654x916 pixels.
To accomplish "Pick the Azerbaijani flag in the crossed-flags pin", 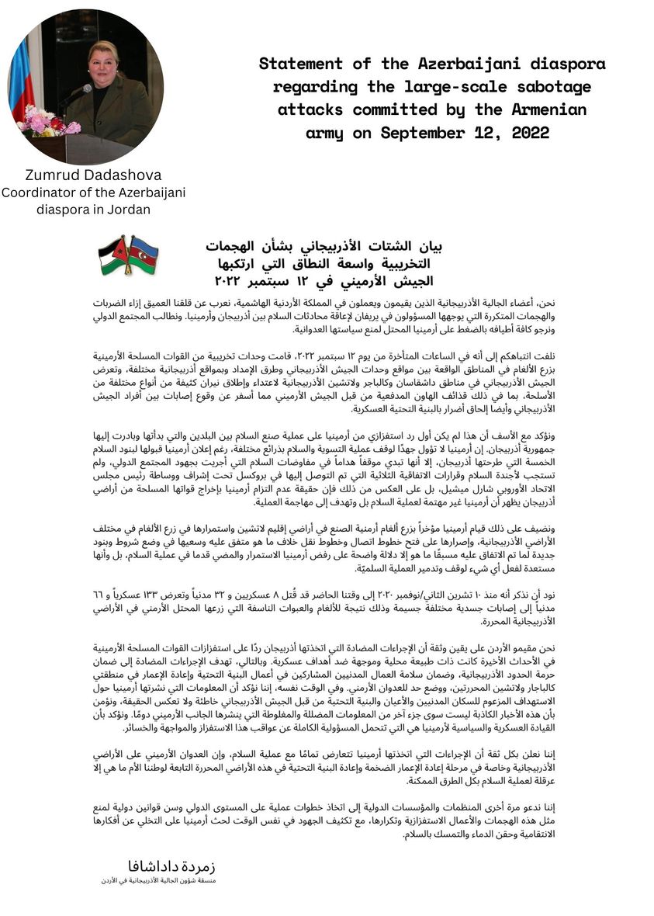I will [x=143, y=252].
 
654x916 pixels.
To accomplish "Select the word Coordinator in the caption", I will [x=39, y=193].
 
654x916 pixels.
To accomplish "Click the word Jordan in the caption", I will [x=127, y=209].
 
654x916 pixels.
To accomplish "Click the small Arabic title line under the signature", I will [x=161, y=882].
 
